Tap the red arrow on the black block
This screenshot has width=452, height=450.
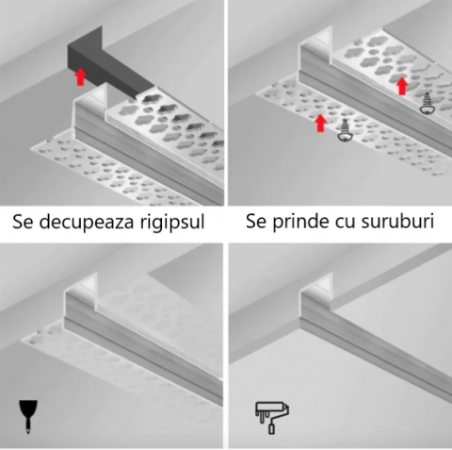click(81, 75)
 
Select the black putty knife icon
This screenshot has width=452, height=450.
click(24, 413)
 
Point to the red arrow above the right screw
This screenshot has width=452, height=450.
click(402, 86)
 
